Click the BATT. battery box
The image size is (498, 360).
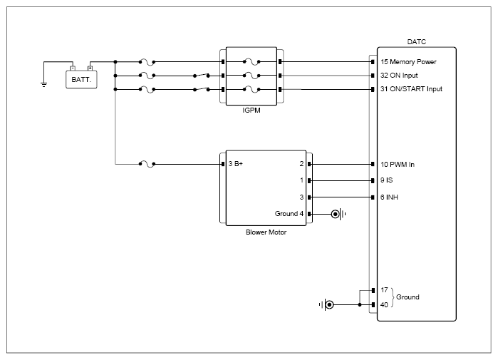pyautogui.click(x=81, y=79)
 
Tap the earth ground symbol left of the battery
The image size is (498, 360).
pyautogui.click(x=44, y=85)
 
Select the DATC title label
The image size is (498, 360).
pyautogui.click(x=416, y=41)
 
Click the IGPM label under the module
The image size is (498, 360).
pyautogui.click(x=251, y=110)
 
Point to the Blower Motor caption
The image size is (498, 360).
pyautogui.click(x=266, y=232)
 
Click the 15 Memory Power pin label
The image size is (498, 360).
pyautogui.click(x=408, y=61)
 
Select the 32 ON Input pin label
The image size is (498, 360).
pyautogui.click(x=399, y=76)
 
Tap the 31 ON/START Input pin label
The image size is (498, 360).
pyautogui.click(x=411, y=89)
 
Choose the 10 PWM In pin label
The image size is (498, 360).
pyautogui.click(x=398, y=164)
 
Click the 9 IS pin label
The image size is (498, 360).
pyautogui.click(x=387, y=180)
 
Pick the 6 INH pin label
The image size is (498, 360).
pyautogui.click(x=389, y=197)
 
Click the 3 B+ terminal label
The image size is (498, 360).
pyautogui.click(x=236, y=164)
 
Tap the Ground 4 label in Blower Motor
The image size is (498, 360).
pyautogui.click(x=289, y=214)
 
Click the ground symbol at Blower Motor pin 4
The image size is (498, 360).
pyautogui.click(x=338, y=214)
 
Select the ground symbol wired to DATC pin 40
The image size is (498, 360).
pyautogui.click(x=326, y=305)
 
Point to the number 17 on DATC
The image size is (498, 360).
pyautogui.click(x=384, y=289)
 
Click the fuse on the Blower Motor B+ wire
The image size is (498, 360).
pyautogui.click(x=147, y=164)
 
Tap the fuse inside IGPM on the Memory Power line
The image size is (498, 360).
pyautogui.click(x=251, y=61)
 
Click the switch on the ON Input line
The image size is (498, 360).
pyautogui.click(x=202, y=76)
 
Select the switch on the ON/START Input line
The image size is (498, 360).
pyautogui.click(x=202, y=89)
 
